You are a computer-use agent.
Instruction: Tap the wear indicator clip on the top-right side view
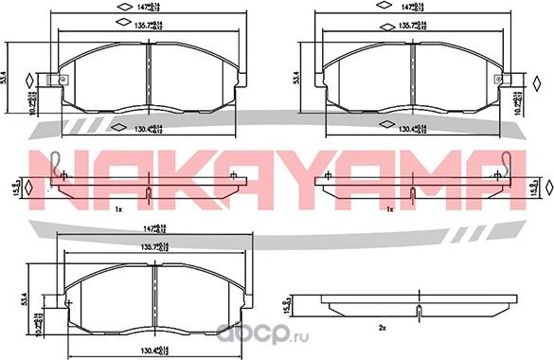[x=510, y=162]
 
